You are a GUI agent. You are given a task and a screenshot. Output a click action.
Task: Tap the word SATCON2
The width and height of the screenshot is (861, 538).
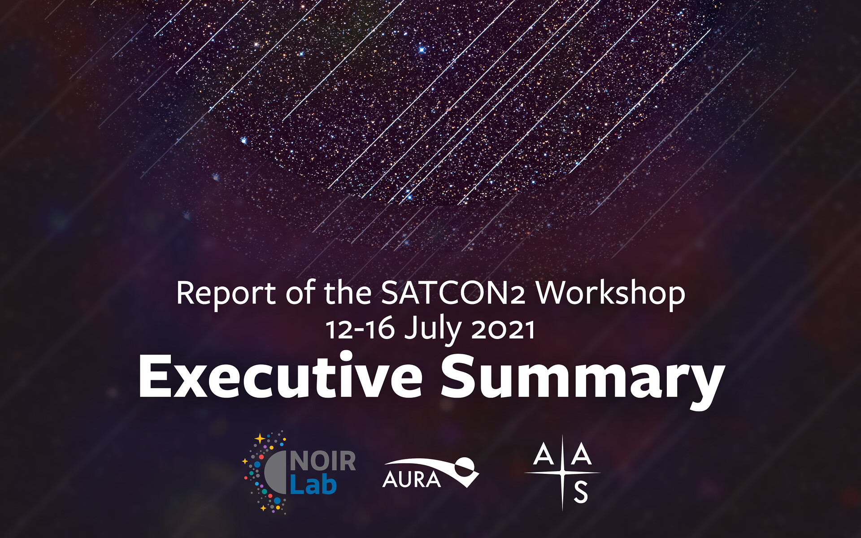click(x=453, y=293)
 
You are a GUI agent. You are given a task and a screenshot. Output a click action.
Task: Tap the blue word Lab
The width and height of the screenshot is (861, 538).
click(x=313, y=484)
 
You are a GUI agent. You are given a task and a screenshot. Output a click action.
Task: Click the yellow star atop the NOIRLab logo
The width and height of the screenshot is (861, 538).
click(x=260, y=438)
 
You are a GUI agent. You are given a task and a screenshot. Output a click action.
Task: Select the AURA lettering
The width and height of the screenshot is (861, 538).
click(x=412, y=480)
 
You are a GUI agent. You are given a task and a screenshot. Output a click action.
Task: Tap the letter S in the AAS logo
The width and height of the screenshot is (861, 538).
click(x=581, y=492)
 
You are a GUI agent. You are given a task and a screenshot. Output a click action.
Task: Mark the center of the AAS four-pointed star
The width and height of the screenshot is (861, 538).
click(x=562, y=473)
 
